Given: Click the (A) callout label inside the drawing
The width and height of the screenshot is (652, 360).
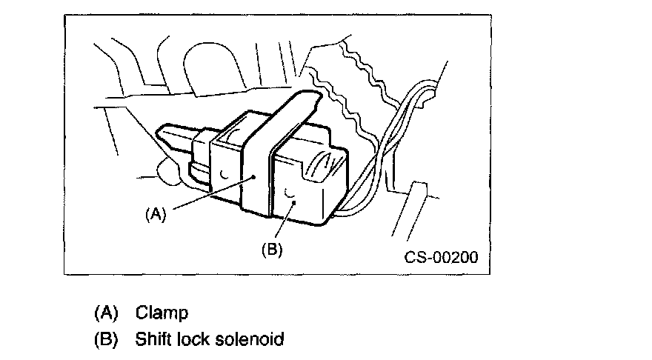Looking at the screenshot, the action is click(156, 214).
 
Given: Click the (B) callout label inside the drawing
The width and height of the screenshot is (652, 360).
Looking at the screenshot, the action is click(272, 250).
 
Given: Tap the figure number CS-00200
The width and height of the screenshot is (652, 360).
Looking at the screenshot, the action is click(441, 257).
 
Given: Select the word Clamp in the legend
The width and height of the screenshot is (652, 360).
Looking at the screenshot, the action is click(162, 313).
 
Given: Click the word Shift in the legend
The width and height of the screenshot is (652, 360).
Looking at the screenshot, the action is click(153, 339).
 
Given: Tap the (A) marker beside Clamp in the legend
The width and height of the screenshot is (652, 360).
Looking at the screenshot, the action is click(107, 313).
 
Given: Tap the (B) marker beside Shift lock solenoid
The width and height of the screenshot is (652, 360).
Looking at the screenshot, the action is click(107, 339).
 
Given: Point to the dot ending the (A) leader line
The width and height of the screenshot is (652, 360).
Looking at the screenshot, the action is click(253, 177).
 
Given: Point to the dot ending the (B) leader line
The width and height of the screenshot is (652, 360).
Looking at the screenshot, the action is click(294, 202).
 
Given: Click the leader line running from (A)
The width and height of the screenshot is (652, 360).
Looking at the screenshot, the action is click(213, 193).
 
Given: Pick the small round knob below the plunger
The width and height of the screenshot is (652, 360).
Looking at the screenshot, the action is click(168, 170).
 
